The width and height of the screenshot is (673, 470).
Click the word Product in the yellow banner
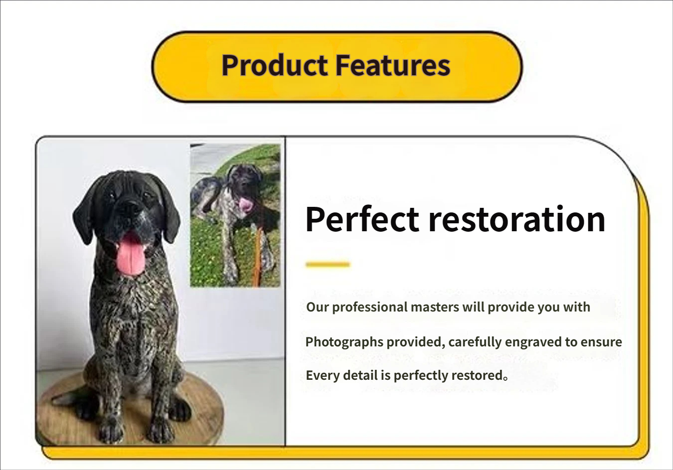click(x=275, y=65)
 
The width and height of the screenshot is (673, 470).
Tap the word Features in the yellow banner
click(x=393, y=65)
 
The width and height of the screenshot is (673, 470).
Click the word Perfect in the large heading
click(x=362, y=219)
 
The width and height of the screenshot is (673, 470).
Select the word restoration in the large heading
click(x=516, y=219)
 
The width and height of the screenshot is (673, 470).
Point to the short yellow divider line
click(x=328, y=264)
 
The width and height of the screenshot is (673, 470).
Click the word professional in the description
click(x=369, y=307)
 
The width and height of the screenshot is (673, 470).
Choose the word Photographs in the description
click(x=344, y=342)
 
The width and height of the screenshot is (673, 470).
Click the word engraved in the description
click(x=533, y=342)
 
